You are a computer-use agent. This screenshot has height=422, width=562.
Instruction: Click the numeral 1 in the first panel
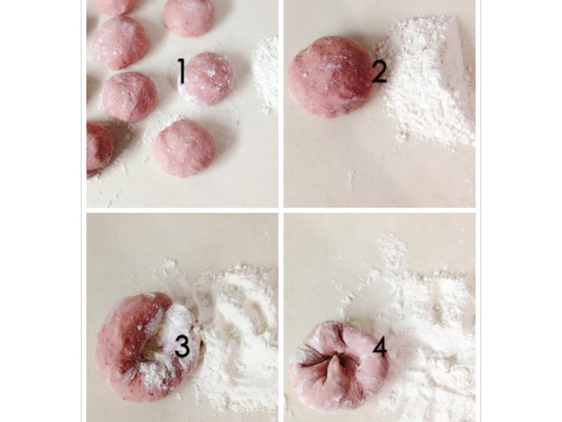[182, 72]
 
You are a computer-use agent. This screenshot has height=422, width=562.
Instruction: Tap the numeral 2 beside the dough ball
[379, 72]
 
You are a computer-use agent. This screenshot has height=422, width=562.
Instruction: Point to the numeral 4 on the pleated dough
[380, 347]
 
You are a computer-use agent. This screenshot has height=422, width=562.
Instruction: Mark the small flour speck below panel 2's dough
[351, 179]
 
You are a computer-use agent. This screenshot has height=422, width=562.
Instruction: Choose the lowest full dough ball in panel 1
[185, 148]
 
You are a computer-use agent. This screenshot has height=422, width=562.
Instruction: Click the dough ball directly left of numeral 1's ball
[130, 97]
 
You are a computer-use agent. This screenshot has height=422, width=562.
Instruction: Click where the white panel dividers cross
[281, 210]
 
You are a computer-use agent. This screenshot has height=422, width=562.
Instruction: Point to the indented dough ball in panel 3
[149, 346]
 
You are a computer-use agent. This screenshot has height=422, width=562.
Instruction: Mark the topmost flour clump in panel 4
[393, 248]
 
